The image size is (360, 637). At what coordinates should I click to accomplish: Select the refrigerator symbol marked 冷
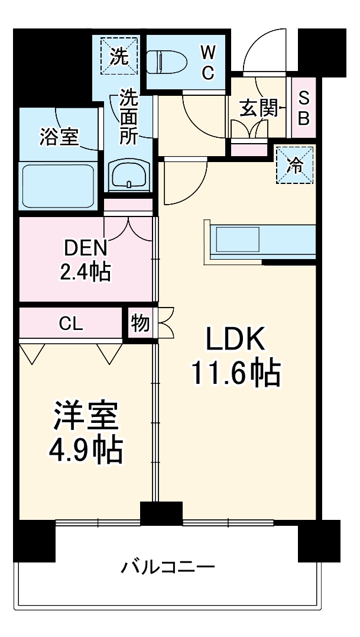[x=294, y=166]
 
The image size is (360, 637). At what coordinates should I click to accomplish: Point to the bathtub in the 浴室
[x=58, y=186]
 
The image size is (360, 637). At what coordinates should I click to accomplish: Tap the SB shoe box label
[x=303, y=108]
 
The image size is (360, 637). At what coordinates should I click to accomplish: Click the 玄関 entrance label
[x=259, y=108]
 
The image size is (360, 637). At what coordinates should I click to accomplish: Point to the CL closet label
[x=71, y=324]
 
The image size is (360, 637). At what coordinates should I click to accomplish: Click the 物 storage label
[x=140, y=324]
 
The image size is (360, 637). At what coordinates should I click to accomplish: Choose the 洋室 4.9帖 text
[x=86, y=434]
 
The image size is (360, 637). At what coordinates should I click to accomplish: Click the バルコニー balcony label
[x=168, y=568]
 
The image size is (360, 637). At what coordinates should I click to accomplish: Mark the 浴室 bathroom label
[x=59, y=136]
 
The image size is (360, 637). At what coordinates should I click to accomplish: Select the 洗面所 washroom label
[x=128, y=117]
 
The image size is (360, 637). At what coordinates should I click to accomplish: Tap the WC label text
[x=207, y=63]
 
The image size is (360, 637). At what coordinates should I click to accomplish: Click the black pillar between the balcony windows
[x=161, y=513]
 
